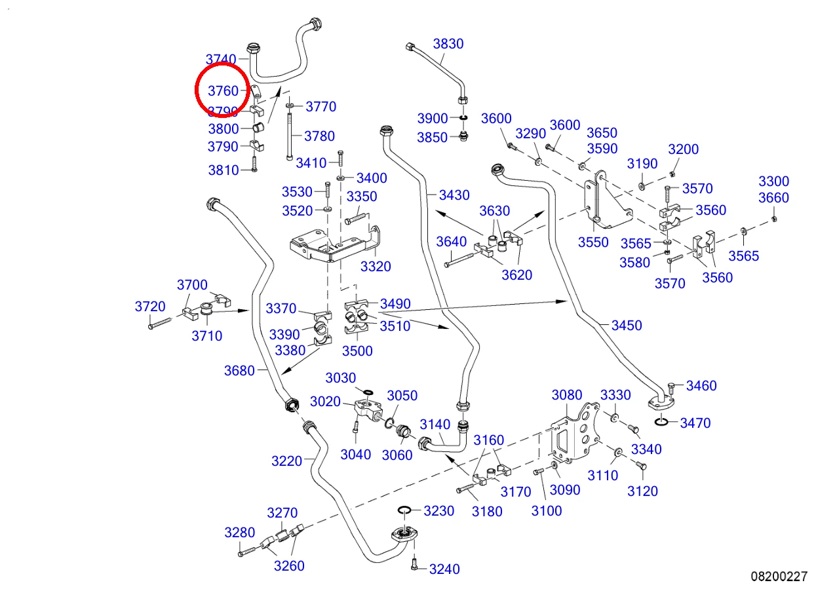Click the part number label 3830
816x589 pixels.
pos(448,44)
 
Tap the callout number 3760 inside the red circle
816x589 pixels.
pos(223,90)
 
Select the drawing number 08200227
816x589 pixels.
pos(779,577)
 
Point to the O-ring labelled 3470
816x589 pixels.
pos(661,422)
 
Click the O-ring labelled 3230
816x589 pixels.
pos(404,509)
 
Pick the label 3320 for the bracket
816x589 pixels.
pos(376,267)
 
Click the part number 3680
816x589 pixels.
pos(239,371)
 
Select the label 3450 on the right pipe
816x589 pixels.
pos(627,325)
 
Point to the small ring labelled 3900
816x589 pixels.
pos(463,118)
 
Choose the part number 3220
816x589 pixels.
pos(286,461)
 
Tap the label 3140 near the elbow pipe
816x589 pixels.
pos(435,425)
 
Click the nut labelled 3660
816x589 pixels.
pos(775,219)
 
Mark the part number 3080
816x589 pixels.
pos(567,395)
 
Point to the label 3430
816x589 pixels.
pos(454,195)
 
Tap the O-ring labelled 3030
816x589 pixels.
pos(368,392)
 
